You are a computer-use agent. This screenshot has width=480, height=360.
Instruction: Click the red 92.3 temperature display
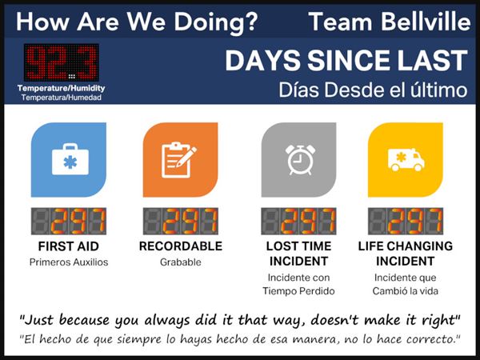click(62, 62)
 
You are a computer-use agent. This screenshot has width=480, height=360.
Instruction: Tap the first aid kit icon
click(70, 159)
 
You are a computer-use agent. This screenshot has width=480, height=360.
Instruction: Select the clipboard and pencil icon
click(179, 159)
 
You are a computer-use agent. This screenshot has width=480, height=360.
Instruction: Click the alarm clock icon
click(300, 160)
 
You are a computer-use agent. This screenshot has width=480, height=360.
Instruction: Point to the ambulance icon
click(406, 159)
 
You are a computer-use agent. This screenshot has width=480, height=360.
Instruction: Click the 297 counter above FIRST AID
click(69, 221)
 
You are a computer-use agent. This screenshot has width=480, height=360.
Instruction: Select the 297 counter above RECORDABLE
click(181, 221)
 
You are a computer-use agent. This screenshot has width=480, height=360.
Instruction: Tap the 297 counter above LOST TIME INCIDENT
click(298, 221)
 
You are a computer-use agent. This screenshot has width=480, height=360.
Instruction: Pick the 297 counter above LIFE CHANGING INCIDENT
click(406, 221)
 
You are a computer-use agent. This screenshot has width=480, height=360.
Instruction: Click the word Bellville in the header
click(426, 22)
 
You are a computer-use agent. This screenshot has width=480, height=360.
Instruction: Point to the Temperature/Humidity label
click(62, 88)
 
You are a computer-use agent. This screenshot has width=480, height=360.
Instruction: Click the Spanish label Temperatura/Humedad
click(62, 98)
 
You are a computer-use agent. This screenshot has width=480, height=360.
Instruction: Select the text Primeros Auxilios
click(69, 262)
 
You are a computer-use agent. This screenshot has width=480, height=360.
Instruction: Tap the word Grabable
click(181, 262)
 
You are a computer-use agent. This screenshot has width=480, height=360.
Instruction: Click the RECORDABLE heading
click(181, 246)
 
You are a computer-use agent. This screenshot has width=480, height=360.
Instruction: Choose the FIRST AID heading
click(69, 246)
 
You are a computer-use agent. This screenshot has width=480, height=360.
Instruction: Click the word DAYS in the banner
click(263, 61)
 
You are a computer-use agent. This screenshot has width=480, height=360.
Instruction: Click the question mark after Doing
click(252, 22)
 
